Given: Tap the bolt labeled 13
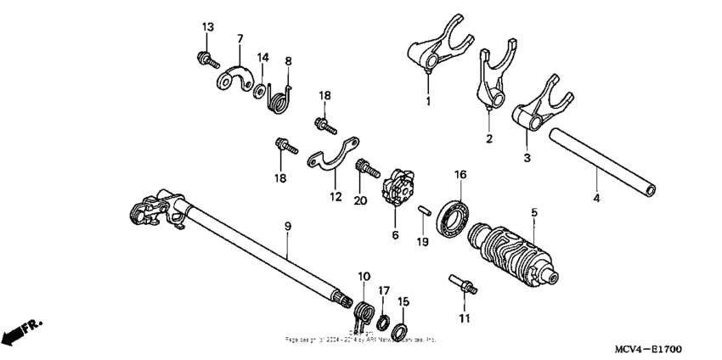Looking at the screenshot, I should pos(205,59).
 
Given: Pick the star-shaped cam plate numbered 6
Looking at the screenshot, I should pos(396,186).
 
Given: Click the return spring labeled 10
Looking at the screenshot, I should pos(364,312).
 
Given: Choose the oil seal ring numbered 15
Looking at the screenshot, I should pos(404,329).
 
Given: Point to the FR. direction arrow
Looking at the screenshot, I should pos(21,332).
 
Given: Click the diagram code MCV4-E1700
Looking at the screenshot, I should pos(649,349).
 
